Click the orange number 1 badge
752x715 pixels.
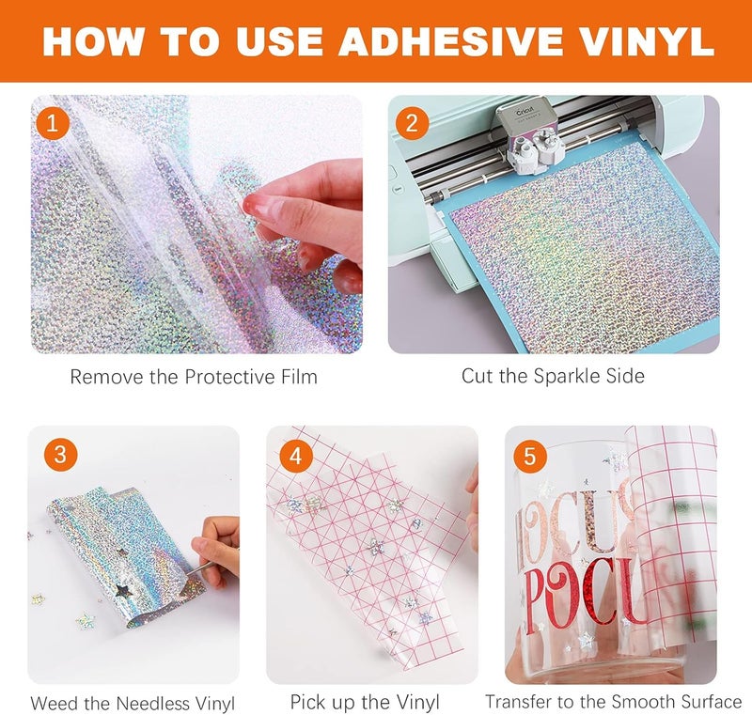tap(52, 124)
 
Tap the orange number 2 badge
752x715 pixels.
tap(410, 124)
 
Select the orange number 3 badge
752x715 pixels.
tap(59, 455)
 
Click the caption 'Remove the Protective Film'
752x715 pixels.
tap(194, 377)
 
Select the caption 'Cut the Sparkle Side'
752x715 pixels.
tap(553, 376)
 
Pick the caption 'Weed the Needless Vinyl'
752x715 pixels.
tap(133, 703)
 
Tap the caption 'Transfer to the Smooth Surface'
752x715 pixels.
tap(613, 702)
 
